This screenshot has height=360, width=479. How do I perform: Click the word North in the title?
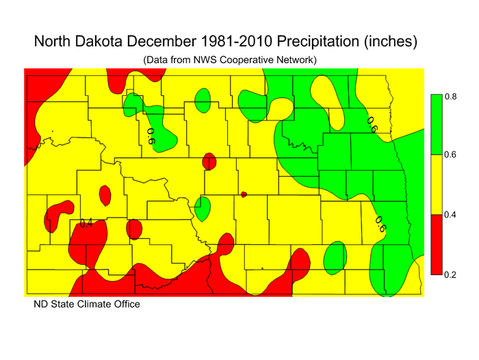pyautogui.click(x=54, y=41)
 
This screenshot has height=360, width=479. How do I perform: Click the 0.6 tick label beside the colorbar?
pyautogui.click(x=450, y=155)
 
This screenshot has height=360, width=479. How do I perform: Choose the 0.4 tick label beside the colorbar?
pyautogui.click(x=450, y=215)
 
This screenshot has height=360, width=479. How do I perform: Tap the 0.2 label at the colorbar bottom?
pyautogui.click(x=450, y=274)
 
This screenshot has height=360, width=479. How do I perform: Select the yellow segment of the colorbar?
pyautogui.click(x=435, y=185)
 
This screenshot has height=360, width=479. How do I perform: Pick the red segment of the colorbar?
pyautogui.click(x=435, y=244)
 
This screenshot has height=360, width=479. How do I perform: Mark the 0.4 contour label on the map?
pyautogui.click(x=86, y=223)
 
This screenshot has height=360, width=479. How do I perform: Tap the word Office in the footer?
pyautogui.click(x=125, y=304)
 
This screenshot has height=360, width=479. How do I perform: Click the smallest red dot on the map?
pyautogui.click(x=244, y=195)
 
